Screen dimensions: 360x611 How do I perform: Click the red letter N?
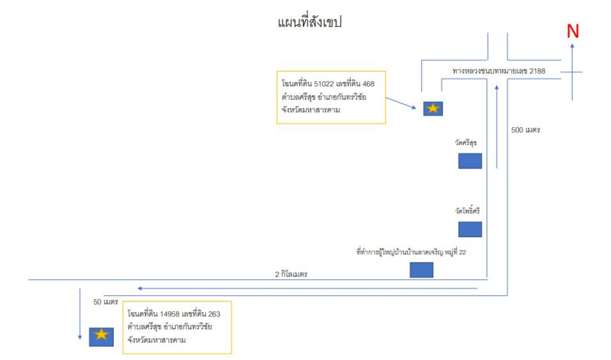[x=573, y=32]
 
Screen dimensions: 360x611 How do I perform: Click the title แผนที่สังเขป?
[x=309, y=22]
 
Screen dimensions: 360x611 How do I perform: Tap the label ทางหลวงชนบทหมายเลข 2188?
[x=499, y=71]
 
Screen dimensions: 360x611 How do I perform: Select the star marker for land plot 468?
[x=433, y=108]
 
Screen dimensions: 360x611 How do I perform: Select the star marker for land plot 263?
[x=101, y=337]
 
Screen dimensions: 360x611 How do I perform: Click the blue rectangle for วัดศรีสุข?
[x=470, y=161]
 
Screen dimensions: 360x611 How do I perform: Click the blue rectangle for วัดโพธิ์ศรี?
[x=470, y=229]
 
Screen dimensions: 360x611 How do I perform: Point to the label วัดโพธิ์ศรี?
[x=468, y=210]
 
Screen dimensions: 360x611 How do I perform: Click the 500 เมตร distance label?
[x=525, y=130]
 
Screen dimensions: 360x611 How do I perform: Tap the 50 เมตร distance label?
[x=106, y=302]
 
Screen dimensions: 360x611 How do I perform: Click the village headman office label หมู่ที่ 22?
[x=411, y=252]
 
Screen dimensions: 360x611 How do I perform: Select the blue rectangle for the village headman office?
[x=422, y=270]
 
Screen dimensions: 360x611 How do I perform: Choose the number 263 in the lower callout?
[x=214, y=314]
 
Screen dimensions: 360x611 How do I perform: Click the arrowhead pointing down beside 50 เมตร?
[x=80, y=337]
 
